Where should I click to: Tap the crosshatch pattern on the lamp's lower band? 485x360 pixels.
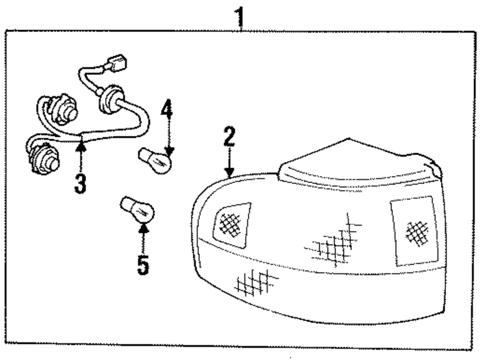255,282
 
